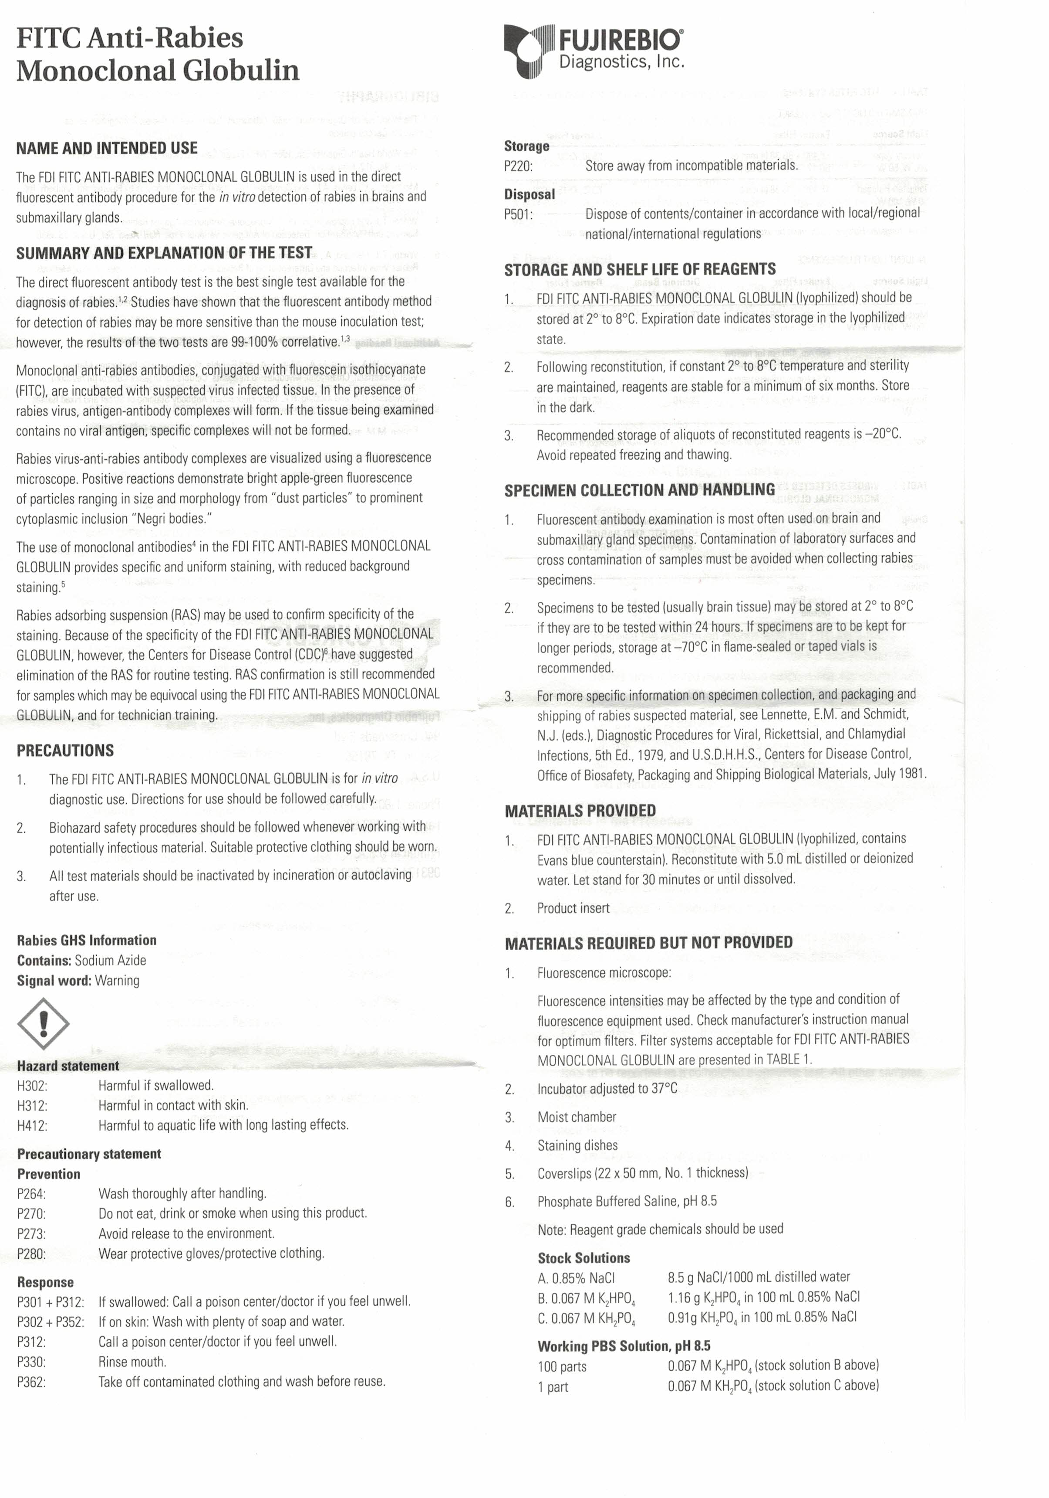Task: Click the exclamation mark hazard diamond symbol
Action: coord(43,1023)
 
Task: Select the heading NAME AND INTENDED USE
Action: coord(107,148)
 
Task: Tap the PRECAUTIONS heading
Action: coord(65,750)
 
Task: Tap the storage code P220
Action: coord(518,166)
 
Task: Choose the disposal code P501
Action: coord(518,214)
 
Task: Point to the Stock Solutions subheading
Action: coord(584,1258)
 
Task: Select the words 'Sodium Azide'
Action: coord(110,961)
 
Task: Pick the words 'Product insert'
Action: coord(573,908)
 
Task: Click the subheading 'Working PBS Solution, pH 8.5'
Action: coord(624,1346)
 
